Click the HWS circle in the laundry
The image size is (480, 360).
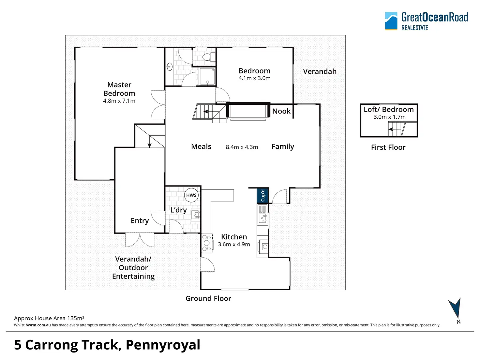tap(191, 195)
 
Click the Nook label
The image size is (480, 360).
tap(281, 111)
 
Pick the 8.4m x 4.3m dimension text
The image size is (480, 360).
tap(242, 147)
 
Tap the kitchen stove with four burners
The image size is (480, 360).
tap(207, 243)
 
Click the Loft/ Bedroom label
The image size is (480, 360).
tap(389, 110)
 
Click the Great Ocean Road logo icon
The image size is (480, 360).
tap(391, 21)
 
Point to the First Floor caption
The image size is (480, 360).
tap(388, 147)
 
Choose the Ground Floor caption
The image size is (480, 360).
tap(208, 298)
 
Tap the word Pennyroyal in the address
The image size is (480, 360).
tap(163, 345)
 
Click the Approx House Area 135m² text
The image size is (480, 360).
tap(49, 318)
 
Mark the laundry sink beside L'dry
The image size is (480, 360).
tap(196, 215)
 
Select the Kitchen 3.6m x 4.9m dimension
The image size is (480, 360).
tap(234, 244)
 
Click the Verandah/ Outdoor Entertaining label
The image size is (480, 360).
tap(133, 267)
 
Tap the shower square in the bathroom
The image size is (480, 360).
tap(207, 76)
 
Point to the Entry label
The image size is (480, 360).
tap(140, 221)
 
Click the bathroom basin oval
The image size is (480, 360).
tap(169, 67)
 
